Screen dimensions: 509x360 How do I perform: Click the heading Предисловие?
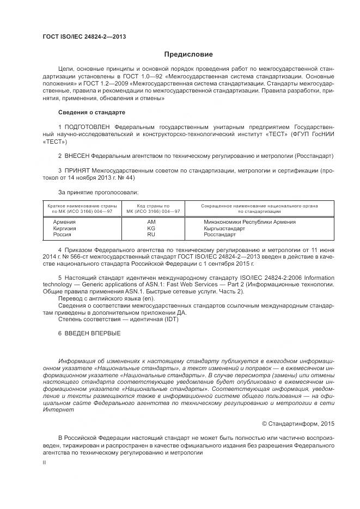[189, 54]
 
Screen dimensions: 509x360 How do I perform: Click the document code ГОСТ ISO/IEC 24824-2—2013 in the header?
[84, 37]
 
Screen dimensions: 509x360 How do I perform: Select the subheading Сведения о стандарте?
[91, 112]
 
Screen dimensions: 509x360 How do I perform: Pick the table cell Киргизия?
[64, 229]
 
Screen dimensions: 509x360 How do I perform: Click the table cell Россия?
[62, 235]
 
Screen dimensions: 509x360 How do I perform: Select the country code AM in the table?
[151, 222]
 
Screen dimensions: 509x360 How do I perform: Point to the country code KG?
[151, 229]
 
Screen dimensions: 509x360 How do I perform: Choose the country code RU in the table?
[151, 235]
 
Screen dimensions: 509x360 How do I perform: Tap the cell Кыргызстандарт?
[224, 229]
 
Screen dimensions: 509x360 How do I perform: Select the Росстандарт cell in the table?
[220, 235]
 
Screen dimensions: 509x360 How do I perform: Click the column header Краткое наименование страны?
[82, 206]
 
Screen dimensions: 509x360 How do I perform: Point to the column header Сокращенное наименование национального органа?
[259, 206]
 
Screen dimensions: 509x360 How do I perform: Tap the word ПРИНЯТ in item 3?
[76, 170]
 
